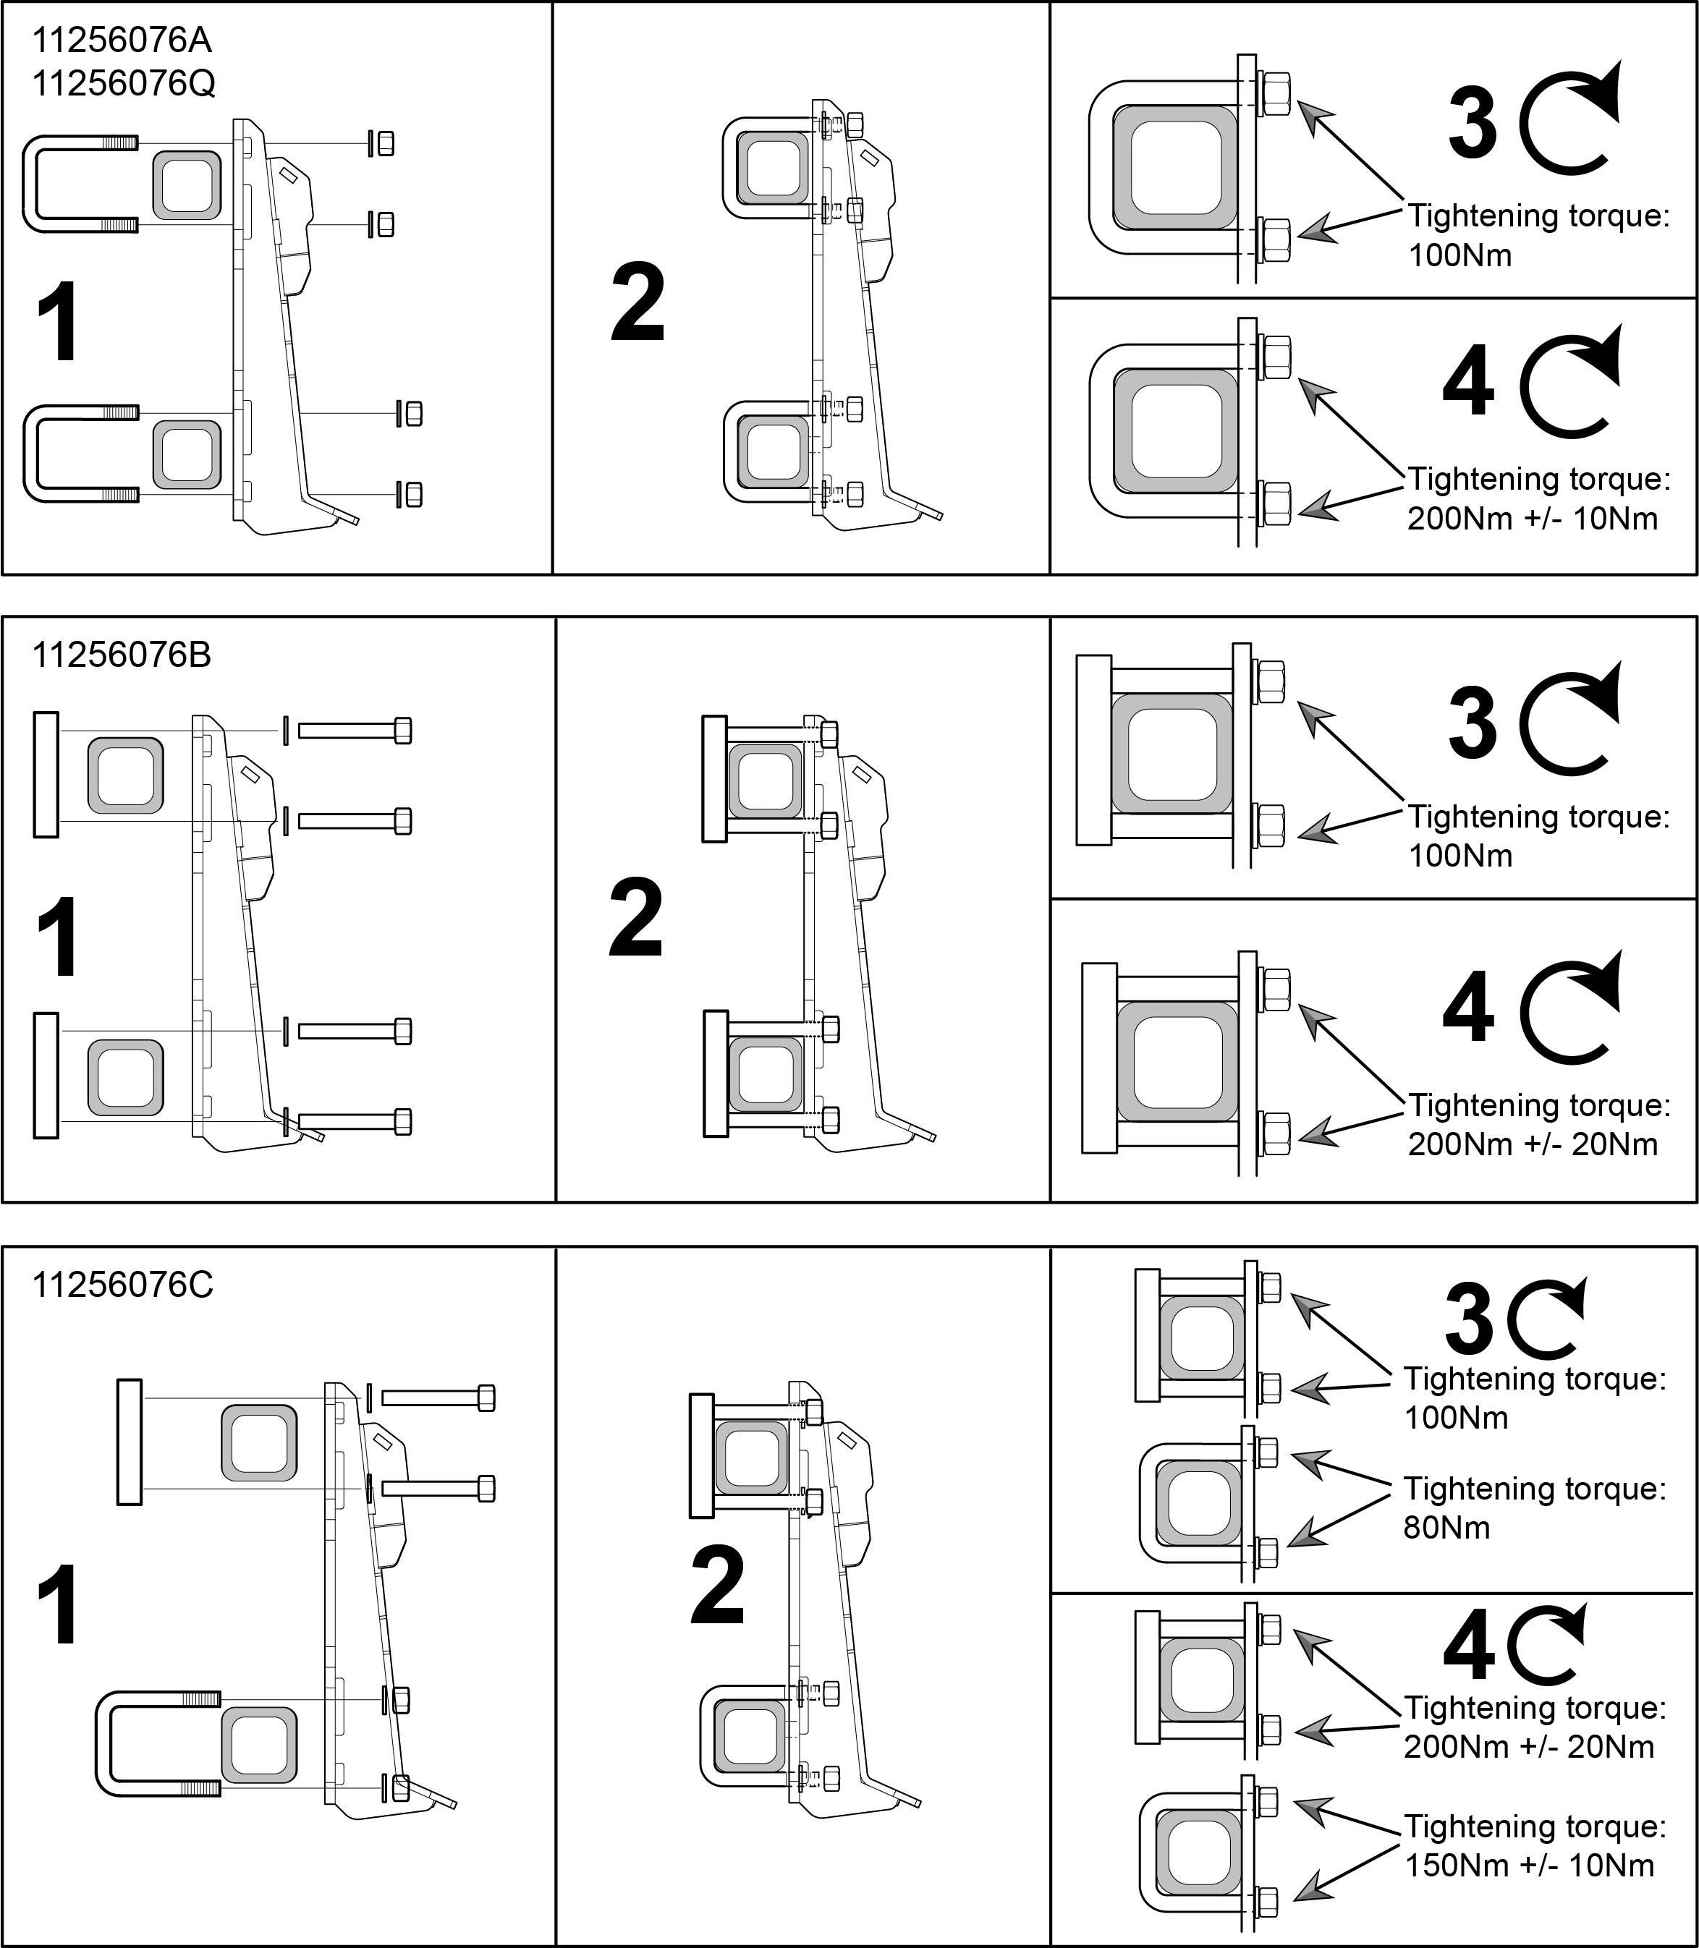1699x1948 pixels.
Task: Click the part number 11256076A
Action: [122, 41]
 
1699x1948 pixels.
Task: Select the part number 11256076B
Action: [122, 655]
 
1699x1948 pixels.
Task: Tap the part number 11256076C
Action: [123, 1285]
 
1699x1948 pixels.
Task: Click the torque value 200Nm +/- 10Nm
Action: [1532, 519]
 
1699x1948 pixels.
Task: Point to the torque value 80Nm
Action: [1446, 1527]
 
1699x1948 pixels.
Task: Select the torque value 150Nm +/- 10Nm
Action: [1529, 1865]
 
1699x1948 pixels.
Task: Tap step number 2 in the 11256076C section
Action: [718, 1585]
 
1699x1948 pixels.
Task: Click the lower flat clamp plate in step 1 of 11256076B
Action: [46, 1075]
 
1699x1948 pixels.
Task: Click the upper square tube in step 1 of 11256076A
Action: [187, 186]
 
